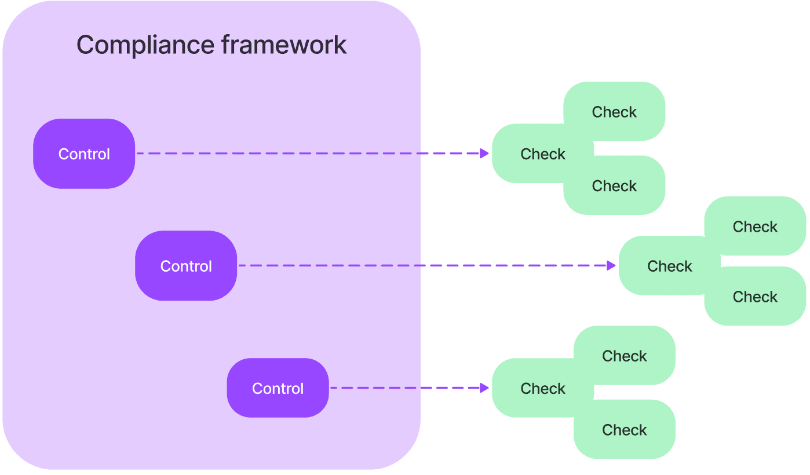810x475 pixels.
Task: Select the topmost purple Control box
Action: (x=84, y=154)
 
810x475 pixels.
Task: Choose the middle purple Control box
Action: (x=186, y=266)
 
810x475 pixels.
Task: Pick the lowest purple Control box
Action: (x=278, y=388)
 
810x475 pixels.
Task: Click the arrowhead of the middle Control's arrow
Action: (x=611, y=266)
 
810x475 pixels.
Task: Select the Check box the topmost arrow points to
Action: (x=536, y=154)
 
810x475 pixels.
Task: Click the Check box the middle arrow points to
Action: (x=666, y=266)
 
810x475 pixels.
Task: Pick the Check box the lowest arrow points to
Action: (x=536, y=388)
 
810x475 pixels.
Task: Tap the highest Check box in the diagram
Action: (x=614, y=111)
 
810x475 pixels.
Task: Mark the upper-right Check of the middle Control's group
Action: (x=755, y=226)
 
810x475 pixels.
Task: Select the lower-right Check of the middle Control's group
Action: (x=755, y=297)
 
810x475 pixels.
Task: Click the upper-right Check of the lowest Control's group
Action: (x=625, y=355)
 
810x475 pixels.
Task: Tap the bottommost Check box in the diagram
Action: (x=625, y=430)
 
